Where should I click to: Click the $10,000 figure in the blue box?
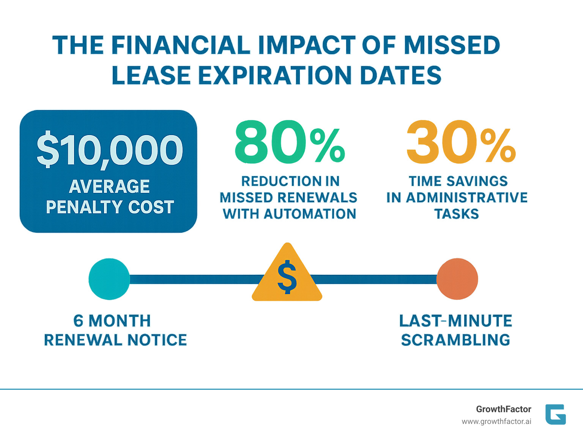110,150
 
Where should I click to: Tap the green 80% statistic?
290,142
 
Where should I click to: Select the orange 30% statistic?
460,142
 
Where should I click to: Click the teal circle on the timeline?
109,279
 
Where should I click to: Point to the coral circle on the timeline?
457,279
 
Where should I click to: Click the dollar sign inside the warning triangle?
287,277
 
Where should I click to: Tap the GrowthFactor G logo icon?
555,414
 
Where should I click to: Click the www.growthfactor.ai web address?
496,422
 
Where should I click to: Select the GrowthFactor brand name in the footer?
503,409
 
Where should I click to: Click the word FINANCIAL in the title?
181,45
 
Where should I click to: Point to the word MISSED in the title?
451,45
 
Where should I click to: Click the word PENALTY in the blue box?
84,207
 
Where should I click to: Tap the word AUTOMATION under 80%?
310,214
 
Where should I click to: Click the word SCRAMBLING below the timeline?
455,340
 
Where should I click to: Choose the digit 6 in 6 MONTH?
78,321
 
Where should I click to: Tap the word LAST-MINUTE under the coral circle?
455,321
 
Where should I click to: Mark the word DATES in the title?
401,75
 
